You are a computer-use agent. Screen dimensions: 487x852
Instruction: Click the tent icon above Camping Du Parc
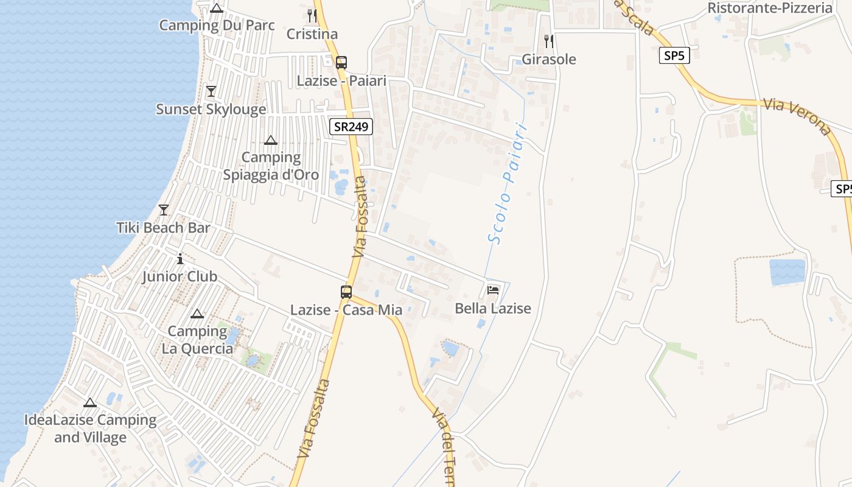pos(217,9)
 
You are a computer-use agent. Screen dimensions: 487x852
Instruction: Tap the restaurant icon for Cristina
pos(312,16)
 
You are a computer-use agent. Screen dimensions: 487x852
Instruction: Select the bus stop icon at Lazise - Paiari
pos(341,62)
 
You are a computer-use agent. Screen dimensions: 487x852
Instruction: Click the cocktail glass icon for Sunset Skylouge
pos(211,91)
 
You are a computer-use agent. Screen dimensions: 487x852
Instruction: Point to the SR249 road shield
pos(351,127)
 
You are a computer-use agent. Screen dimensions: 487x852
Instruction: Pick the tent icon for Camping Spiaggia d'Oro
pos(271,141)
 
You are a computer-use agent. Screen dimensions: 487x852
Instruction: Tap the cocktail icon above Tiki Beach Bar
pos(164,210)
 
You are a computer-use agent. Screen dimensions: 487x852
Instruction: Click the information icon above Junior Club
pos(180,259)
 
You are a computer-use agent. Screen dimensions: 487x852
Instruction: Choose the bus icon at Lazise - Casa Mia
pos(346,292)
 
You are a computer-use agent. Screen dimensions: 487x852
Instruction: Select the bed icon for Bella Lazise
pos(493,290)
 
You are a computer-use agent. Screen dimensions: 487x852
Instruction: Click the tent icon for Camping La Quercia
pos(197,314)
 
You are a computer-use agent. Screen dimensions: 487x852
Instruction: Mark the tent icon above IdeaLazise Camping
pos(90,402)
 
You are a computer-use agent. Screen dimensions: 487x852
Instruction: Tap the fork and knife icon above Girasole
pos(549,41)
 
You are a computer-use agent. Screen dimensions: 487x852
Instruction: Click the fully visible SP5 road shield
pos(674,56)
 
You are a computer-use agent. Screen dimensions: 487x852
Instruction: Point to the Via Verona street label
pos(797,116)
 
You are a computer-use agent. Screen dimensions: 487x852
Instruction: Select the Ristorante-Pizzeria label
pos(770,8)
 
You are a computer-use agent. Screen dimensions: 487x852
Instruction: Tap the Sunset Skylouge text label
pos(211,110)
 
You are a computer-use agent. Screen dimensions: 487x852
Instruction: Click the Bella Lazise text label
pos(493,309)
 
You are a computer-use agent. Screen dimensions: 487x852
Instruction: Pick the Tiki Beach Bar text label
pos(163,228)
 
